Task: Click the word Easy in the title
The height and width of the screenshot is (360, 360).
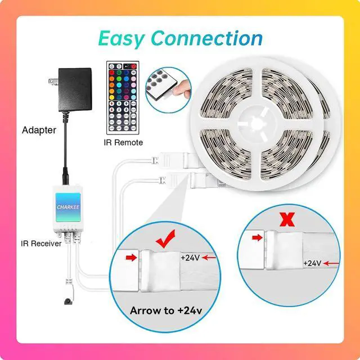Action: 121,39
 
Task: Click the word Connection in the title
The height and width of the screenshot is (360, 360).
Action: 207,39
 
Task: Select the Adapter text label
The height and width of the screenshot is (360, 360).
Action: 39,130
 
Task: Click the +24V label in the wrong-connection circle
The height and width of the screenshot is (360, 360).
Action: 313,263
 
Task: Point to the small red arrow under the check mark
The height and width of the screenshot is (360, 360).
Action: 130,257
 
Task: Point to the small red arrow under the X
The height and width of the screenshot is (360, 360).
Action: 258,238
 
